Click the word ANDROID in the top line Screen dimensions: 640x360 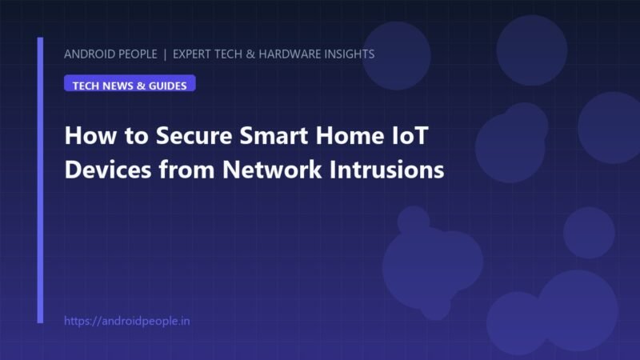coord(90,54)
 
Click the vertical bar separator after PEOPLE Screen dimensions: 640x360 coord(165,54)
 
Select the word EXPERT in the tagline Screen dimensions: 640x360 coord(192,54)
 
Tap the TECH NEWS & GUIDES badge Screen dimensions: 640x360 coord(130,83)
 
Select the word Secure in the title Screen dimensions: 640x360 coord(194,135)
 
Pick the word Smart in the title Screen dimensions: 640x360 coord(274,135)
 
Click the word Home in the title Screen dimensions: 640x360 coord(350,135)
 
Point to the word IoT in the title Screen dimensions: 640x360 coord(410,135)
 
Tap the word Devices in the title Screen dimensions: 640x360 coord(108,170)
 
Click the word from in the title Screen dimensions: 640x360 coord(187,170)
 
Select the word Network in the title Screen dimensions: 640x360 coord(272,170)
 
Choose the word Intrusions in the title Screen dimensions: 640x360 coord(387,170)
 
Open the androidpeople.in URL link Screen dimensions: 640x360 coord(127,321)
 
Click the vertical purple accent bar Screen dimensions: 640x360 coord(40,180)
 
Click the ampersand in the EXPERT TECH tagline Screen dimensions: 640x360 coord(250,54)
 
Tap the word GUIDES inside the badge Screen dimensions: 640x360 coord(167,86)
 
